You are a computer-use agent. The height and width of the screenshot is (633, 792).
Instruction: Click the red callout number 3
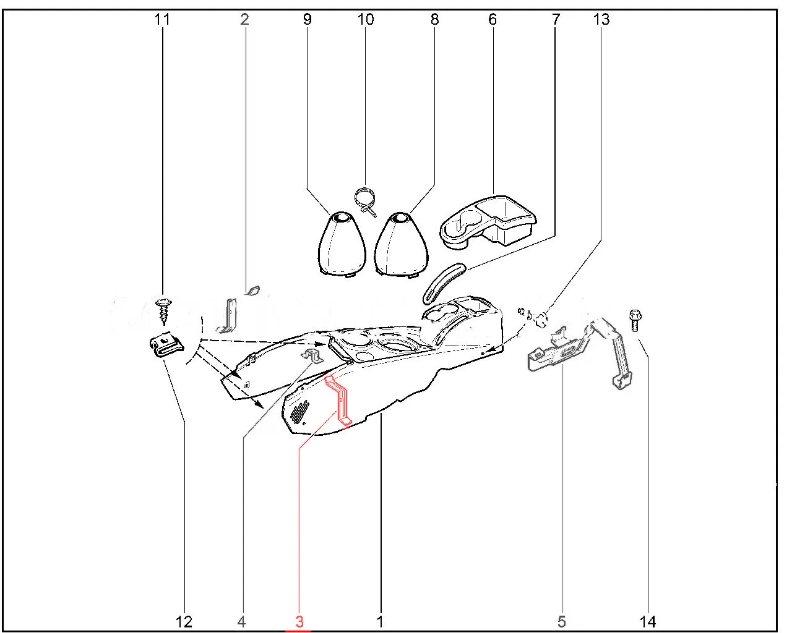point(299,622)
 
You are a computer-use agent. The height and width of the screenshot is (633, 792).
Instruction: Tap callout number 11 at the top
point(162,19)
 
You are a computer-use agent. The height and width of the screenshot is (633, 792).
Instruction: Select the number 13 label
point(601,19)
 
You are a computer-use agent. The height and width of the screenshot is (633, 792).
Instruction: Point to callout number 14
point(647,622)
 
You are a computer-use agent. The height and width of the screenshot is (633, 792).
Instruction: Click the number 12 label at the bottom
point(184,622)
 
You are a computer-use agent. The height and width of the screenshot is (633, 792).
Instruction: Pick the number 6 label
point(493,19)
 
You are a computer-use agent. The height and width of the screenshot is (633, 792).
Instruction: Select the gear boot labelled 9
point(342,244)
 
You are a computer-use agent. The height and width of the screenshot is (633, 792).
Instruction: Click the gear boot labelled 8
point(402,244)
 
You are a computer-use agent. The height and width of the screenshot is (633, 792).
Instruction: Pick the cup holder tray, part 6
point(488,221)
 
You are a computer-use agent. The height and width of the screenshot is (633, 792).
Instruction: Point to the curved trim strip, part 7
point(444,283)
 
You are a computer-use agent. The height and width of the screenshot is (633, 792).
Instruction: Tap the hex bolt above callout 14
point(635,321)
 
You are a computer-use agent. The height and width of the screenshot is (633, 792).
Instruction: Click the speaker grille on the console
point(300,412)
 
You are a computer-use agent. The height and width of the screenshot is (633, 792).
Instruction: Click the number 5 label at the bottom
point(561,622)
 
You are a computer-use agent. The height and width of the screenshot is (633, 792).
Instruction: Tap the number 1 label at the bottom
point(380,622)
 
